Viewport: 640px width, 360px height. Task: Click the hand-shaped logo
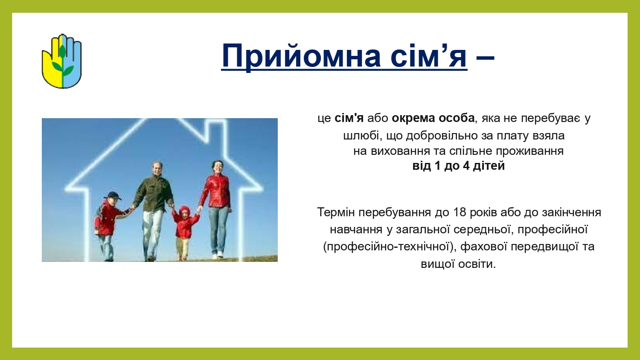(x=62, y=61)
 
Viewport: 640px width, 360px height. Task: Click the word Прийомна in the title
(x=301, y=56)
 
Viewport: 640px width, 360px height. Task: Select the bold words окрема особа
(x=433, y=118)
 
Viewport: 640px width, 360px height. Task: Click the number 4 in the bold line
(x=466, y=166)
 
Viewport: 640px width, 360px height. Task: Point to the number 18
(x=460, y=212)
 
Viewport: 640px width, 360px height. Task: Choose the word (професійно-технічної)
(x=388, y=246)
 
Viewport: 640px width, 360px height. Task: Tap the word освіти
(x=477, y=264)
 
